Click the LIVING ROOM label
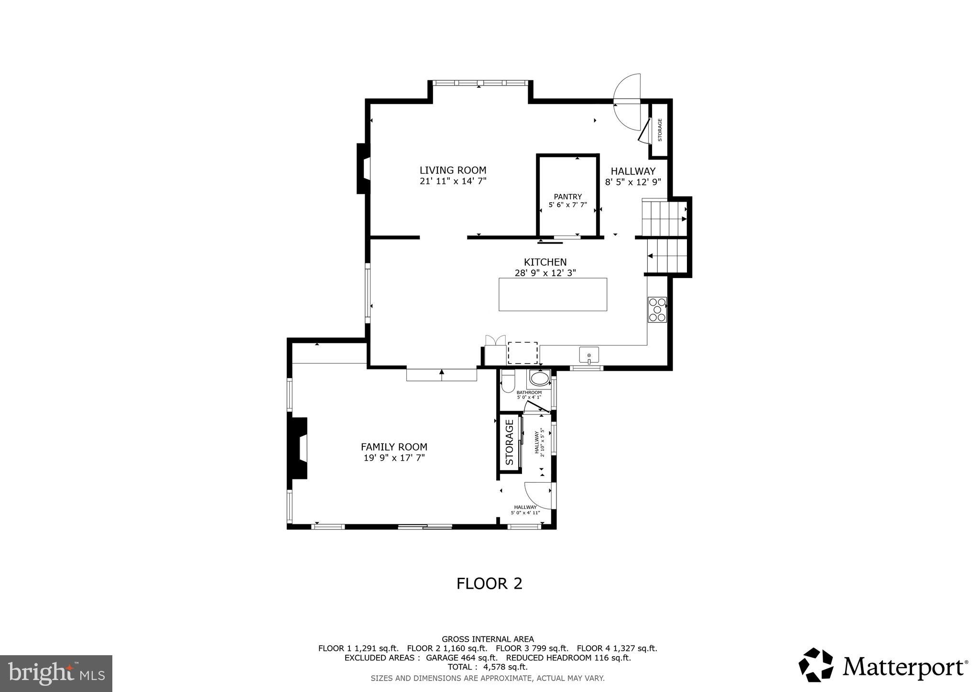click(x=453, y=170)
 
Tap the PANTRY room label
click(x=567, y=196)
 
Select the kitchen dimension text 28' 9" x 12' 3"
click(x=545, y=273)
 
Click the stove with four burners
click(x=657, y=310)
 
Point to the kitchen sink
click(x=589, y=356)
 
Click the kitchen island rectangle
click(x=553, y=294)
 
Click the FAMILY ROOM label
click(x=394, y=447)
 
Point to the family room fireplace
click(x=298, y=448)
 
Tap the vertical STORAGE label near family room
click(x=510, y=442)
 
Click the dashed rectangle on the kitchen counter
click(x=522, y=353)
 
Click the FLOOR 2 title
click(x=489, y=584)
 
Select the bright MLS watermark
click(x=56, y=673)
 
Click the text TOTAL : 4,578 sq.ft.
click(x=488, y=667)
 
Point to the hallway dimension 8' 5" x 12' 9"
click(x=633, y=182)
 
